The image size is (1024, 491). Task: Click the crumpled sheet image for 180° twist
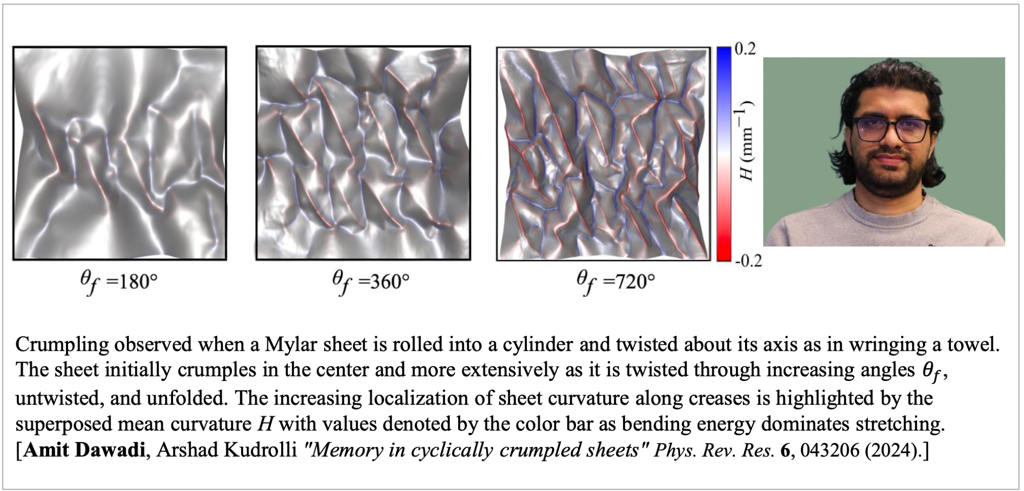point(120,153)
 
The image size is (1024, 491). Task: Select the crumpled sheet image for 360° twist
point(363,153)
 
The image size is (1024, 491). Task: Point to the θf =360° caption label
point(371,281)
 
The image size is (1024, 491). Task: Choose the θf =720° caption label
point(615,281)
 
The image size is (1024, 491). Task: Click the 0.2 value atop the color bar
point(745,50)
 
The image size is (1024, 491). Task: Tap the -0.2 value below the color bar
point(749,261)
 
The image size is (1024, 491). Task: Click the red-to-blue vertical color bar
point(723,154)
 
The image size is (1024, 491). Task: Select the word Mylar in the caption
point(284,345)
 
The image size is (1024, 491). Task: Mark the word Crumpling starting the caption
point(62,345)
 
